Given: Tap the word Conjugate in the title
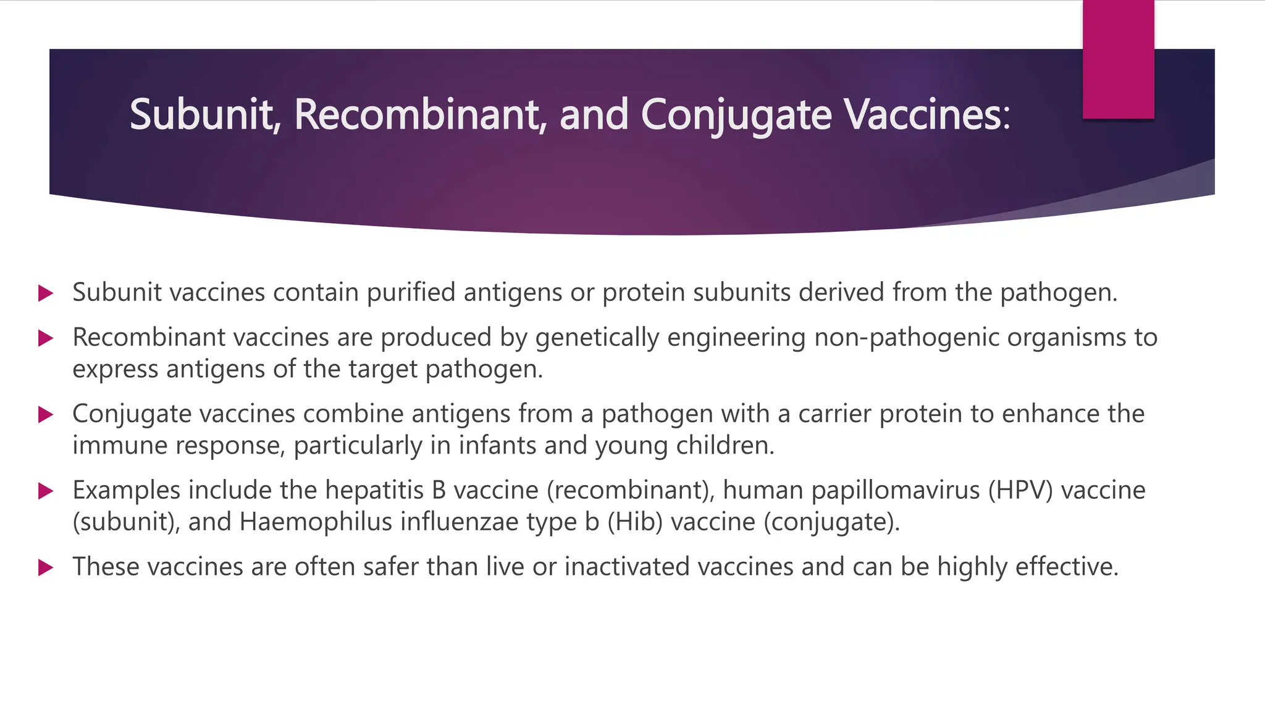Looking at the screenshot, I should [x=736, y=116].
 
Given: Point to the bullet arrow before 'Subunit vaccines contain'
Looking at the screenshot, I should [x=46, y=293].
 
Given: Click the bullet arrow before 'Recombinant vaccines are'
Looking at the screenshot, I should [x=46, y=338].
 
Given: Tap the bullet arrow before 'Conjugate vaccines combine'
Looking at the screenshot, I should [x=46, y=414].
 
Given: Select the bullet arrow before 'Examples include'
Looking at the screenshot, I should [x=46, y=491].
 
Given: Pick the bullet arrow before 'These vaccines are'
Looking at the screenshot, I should [x=46, y=567].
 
